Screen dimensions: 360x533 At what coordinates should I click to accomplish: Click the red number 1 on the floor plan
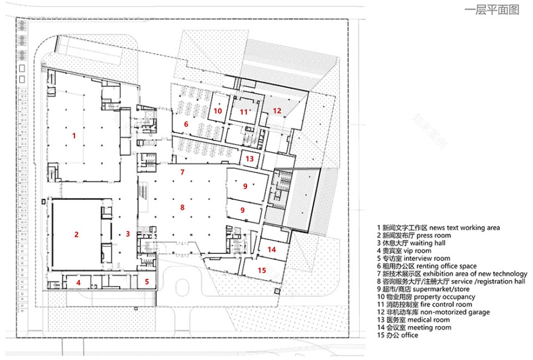[x=74, y=136]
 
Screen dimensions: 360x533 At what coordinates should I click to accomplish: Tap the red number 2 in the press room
[x=76, y=235]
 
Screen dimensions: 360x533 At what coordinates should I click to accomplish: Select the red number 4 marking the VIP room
[x=78, y=282]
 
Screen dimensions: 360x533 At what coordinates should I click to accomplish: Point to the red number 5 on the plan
[x=147, y=282]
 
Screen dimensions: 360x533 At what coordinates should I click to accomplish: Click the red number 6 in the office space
[x=186, y=124]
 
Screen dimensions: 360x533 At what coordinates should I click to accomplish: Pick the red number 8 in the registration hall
[x=182, y=207]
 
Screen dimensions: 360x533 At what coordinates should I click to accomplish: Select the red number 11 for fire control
[x=243, y=112]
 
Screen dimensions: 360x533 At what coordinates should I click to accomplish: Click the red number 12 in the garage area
[x=276, y=110]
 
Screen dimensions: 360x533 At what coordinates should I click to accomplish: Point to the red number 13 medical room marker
[x=250, y=158]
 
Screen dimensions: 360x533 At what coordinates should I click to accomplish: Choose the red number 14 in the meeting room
[x=271, y=250]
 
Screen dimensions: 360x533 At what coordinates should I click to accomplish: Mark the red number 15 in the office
[x=262, y=270]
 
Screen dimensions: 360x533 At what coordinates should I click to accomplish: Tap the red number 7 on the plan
[x=182, y=172]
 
